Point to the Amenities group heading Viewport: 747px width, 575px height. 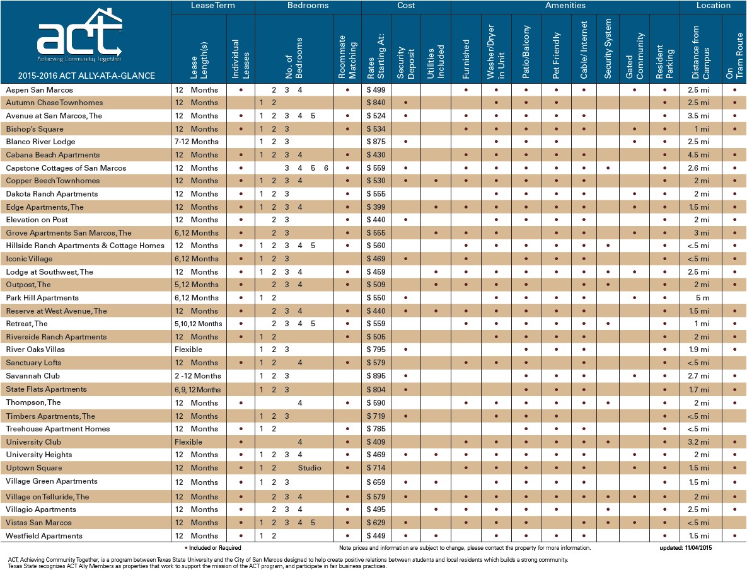tap(565, 6)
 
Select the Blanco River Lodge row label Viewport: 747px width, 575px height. tap(40, 142)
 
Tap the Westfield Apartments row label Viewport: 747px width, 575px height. tap(44, 536)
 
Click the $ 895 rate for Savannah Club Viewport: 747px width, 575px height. tap(376, 376)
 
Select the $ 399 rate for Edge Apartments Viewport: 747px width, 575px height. tap(376, 207)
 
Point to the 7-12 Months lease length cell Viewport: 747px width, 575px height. tap(196, 142)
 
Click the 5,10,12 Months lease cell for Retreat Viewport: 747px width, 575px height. tap(198, 324)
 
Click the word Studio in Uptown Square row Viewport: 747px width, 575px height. tap(310, 468)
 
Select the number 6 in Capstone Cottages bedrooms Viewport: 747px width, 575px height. tap(327, 168)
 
